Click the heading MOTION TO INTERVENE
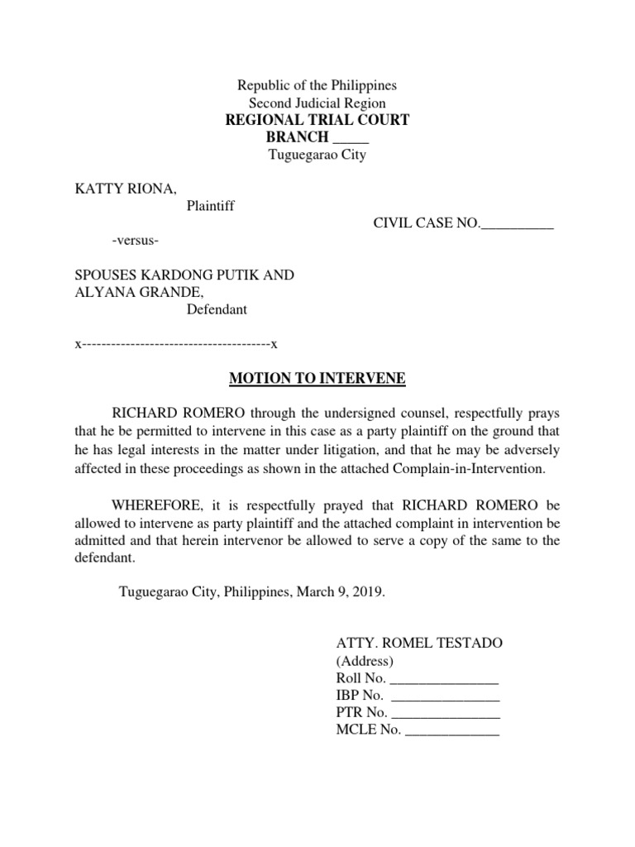(x=317, y=379)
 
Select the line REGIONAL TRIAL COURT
(x=317, y=121)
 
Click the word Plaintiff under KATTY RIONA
(x=210, y=206)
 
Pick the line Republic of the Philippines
(x=317, y=85)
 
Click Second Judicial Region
(x=317, y=103)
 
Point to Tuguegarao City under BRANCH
(x=317, y=156)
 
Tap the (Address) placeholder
(x=365, y=661)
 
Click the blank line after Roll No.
(x=444, y=678)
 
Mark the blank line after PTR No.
(x=446, y=713)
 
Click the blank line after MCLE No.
(x=451, y=730)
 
